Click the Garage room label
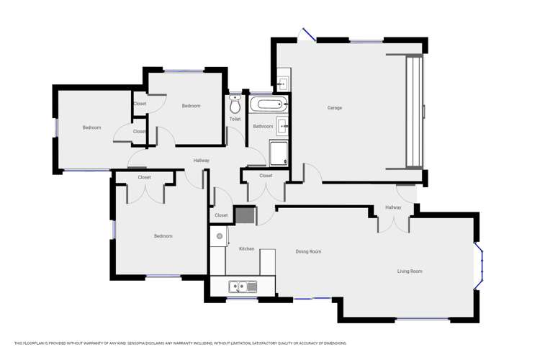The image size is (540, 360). [335, 108]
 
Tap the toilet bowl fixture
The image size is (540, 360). [235, 104]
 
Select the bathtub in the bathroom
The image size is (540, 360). [269, 104]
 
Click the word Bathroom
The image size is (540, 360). [263, 127]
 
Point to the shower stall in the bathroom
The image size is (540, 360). [279, 153]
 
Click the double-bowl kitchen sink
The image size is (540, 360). [243, 287]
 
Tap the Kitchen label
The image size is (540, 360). [246, 248]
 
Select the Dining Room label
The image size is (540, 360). [308, 252]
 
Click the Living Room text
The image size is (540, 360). [410, 271]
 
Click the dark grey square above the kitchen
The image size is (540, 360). [245, 215]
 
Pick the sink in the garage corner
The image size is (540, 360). [282, 81]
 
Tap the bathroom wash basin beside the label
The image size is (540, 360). [282, 127]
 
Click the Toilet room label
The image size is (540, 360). [235, 120]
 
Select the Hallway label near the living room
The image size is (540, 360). [393, 207]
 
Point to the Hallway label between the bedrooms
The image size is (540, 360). [202, 161]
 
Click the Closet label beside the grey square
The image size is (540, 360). [221, 215]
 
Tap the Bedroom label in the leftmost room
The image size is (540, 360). [91, 127]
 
